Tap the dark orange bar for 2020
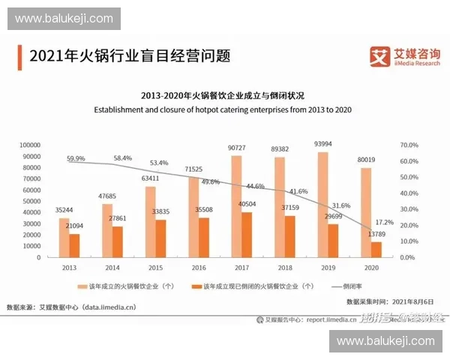[376, 249]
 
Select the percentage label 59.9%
[76, 159]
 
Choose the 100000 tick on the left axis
[28, 145]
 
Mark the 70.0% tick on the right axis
[407, 145]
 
